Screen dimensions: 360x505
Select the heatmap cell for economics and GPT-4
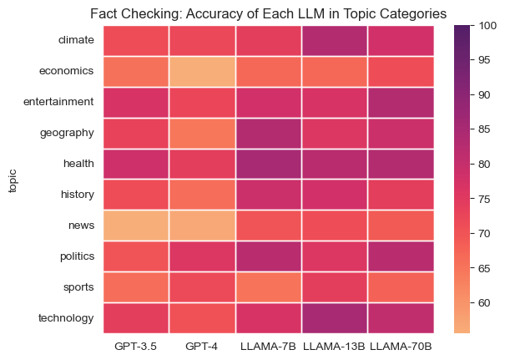pos(201,70)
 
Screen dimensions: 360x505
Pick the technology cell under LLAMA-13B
pos(334,317)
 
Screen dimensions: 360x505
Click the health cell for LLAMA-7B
pos(267,163)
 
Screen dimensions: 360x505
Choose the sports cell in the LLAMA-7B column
pos(267,286)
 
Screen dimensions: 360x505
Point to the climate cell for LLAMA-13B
pos(334,39)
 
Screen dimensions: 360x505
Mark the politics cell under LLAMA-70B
pos(400,256)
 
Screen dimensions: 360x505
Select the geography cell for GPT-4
pos(201,132)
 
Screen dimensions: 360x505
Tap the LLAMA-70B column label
pos(400,345)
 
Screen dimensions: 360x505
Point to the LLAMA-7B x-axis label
pos(267,345)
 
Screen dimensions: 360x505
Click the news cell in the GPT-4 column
pos(201,225)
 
